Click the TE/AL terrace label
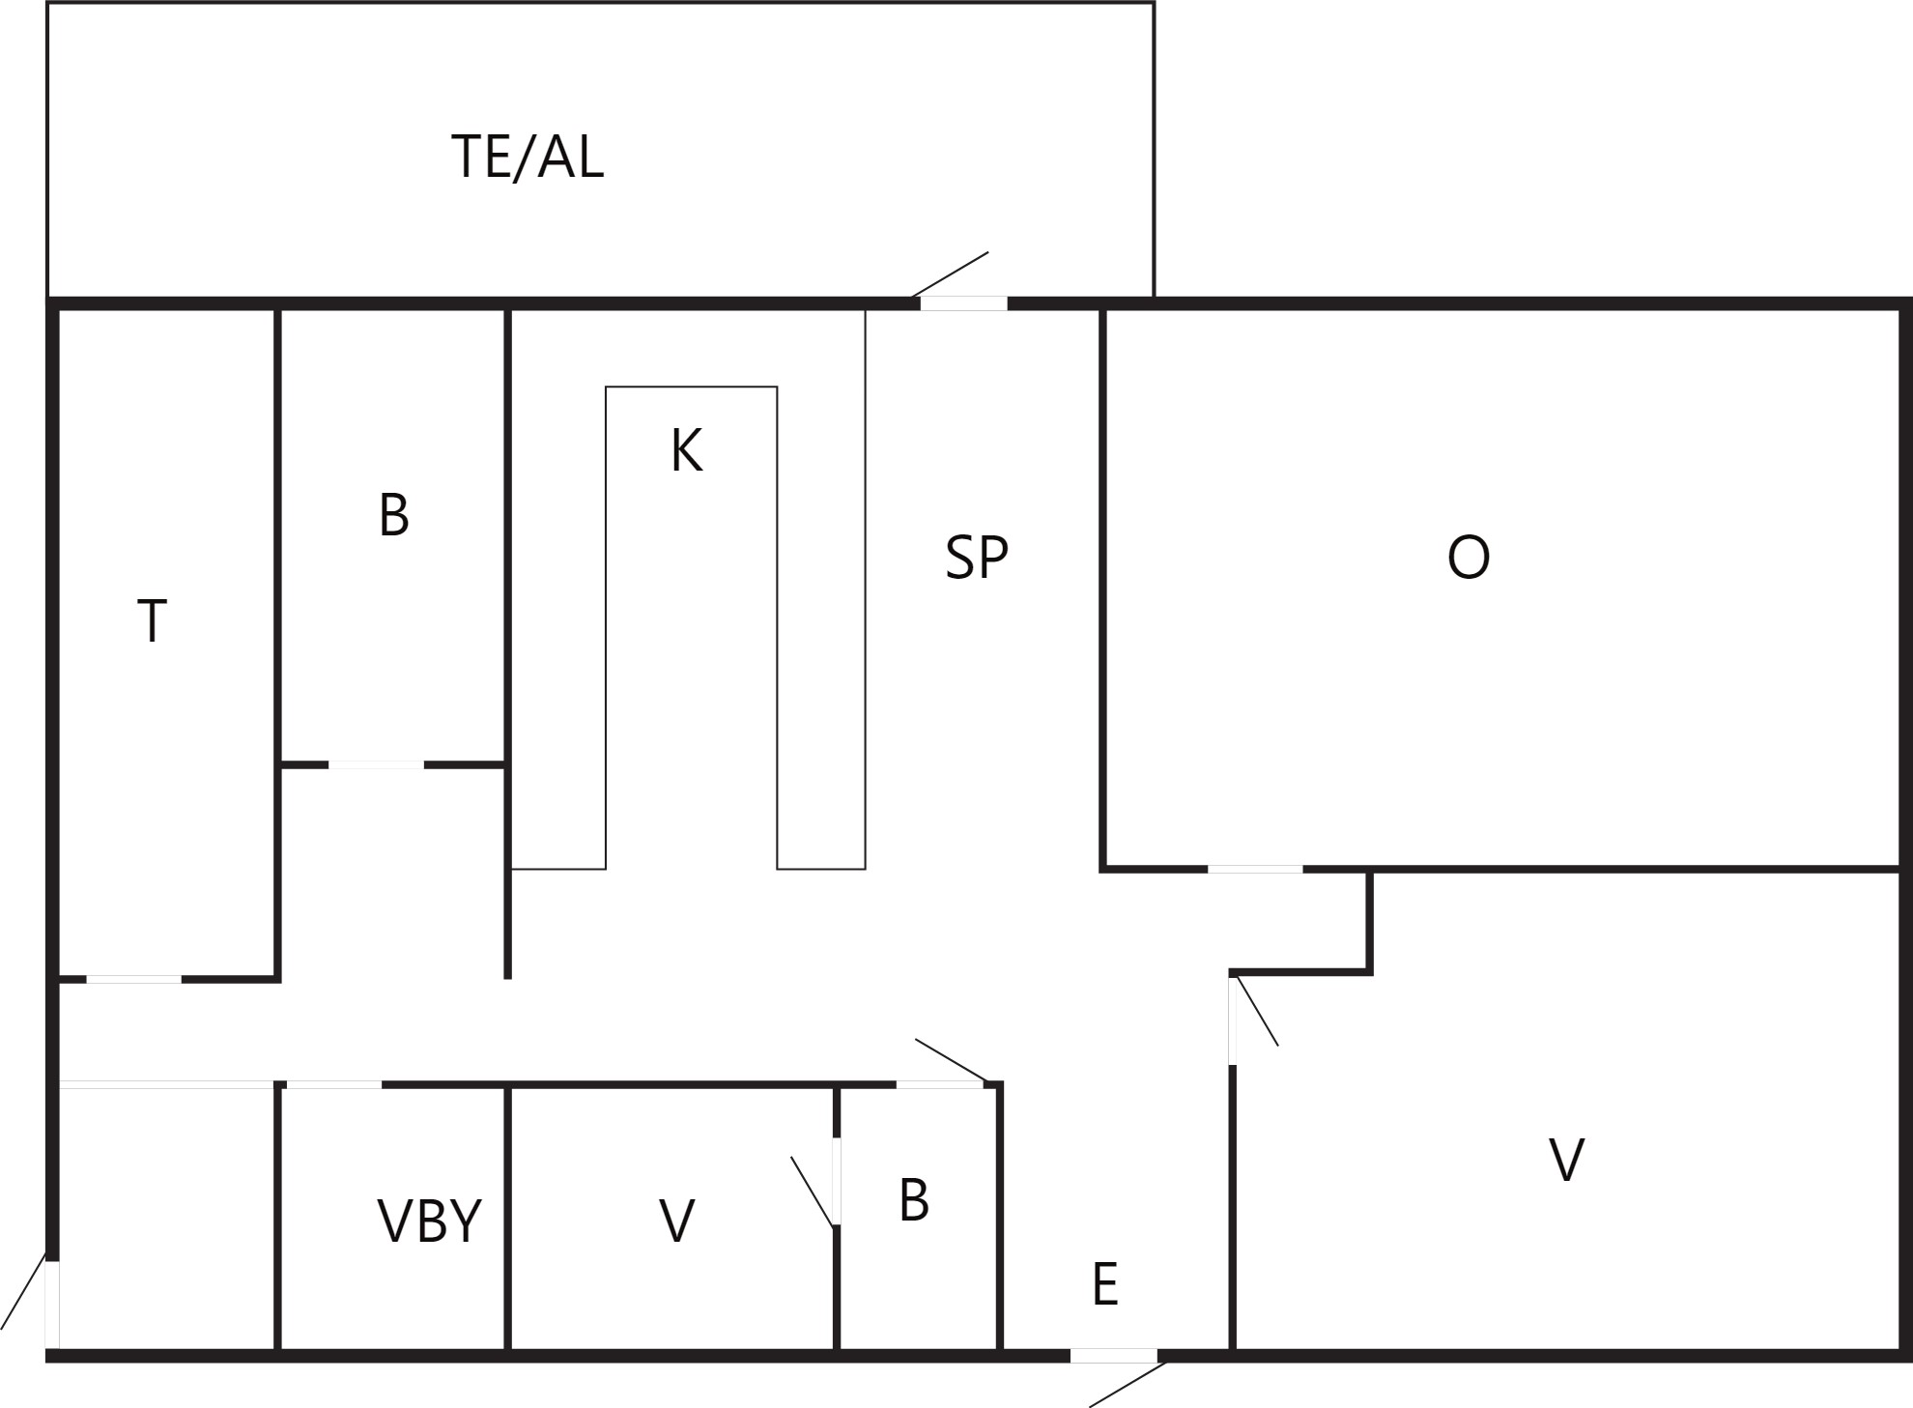528,157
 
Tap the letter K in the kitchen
687,450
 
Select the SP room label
977,558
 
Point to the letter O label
1469,558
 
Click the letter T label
153,620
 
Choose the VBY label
429,1221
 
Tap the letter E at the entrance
1105,1284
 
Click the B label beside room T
394,515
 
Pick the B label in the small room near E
914,1200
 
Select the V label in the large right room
1566,1160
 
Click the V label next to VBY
676,1221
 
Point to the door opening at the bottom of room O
1255,870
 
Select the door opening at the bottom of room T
133,980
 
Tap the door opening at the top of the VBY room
334,1085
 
